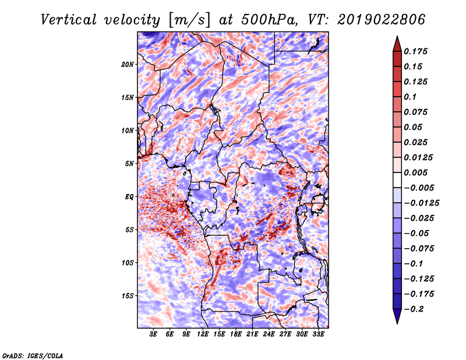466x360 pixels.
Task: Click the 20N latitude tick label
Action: point(128,65)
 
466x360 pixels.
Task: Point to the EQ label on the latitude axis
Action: point(129,197)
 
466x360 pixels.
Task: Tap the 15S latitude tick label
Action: point(128,296)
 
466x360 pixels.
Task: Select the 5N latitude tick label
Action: point(129,164)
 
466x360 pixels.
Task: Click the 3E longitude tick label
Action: point(153,334)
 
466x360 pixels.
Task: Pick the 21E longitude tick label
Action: point(252,334)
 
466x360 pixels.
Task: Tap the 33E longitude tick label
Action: point(318,334)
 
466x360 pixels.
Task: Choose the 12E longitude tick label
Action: point(202,334)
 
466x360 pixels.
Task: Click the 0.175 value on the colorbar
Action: point(415,51)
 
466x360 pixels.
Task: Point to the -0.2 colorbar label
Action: point(414,309)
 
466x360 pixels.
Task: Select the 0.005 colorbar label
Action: point(415,172)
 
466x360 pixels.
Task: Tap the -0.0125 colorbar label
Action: point(421,203)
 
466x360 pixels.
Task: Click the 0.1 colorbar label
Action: point(410,97)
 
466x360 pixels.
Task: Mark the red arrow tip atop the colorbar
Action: point(397,36)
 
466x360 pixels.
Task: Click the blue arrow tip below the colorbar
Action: point(397,323)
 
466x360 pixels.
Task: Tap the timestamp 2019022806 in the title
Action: point(382,20)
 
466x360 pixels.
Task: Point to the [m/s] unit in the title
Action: point(189,20)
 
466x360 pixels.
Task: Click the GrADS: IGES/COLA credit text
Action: point(33,355)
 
